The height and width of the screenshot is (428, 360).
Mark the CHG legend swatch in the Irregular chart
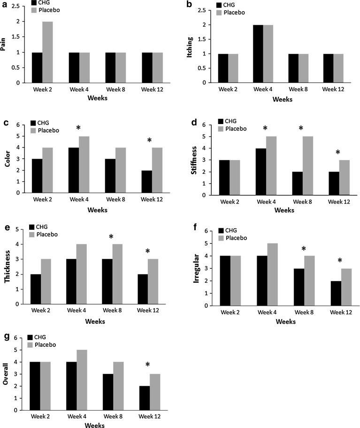pyautogui.click(x=221, y=230)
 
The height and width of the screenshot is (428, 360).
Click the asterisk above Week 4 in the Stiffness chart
pyautogui.click(x=265, y=128)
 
